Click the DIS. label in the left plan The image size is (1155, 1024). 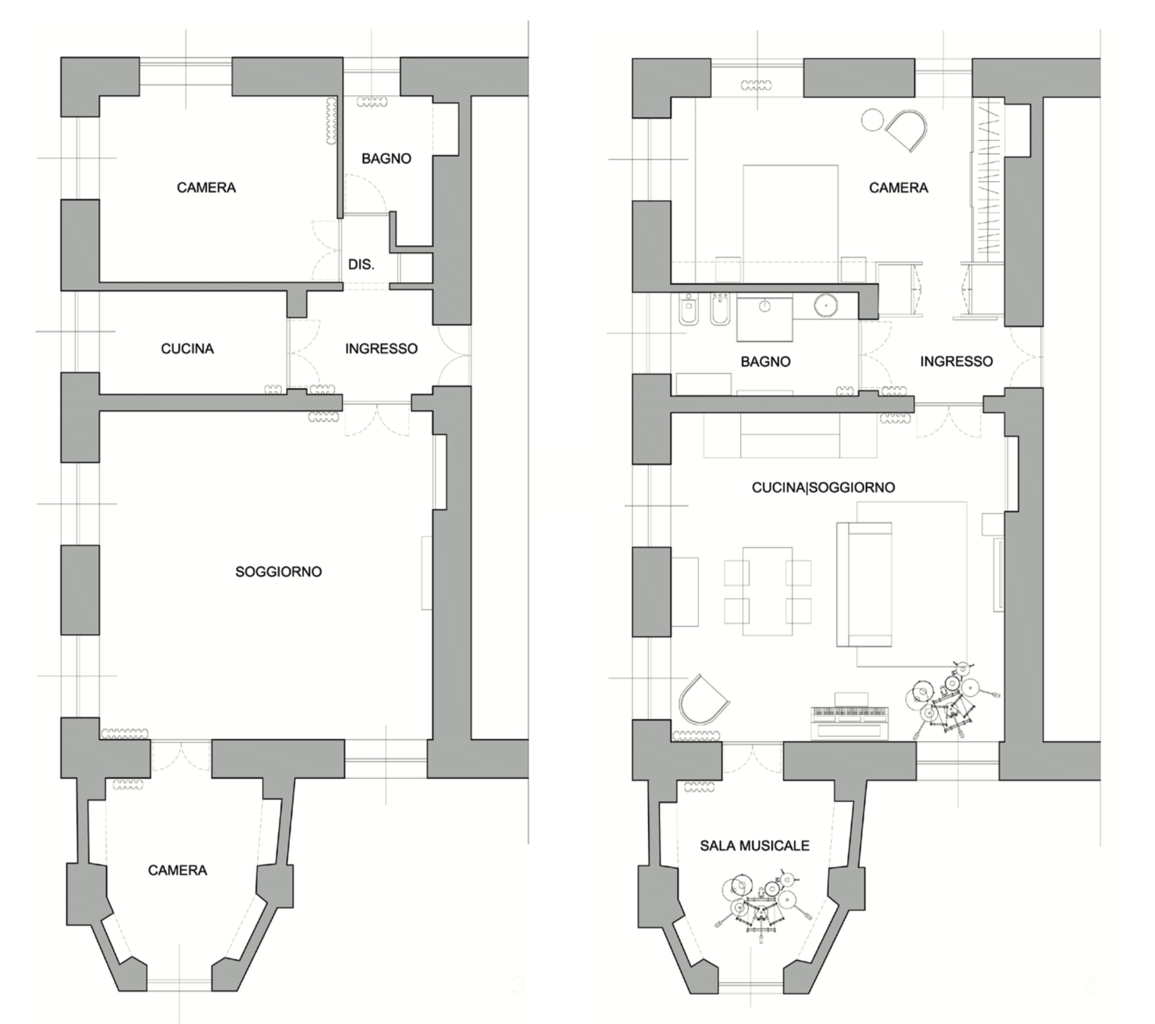(361, 264)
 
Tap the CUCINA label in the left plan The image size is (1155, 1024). (187, 349)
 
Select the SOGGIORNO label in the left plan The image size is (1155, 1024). (279, 571)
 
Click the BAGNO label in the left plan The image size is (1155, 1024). (386, 159)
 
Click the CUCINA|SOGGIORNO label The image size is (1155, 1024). (823, 487)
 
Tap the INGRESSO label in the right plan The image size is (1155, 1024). (957, 361)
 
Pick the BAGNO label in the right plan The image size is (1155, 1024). (765, 361)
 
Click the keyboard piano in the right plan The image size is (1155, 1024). (849, 715)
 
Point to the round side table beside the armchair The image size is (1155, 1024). (873, 120)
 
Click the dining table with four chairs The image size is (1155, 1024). (768, 591)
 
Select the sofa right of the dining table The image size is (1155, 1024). (864, 584)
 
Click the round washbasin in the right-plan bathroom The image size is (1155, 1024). (825, 305)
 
